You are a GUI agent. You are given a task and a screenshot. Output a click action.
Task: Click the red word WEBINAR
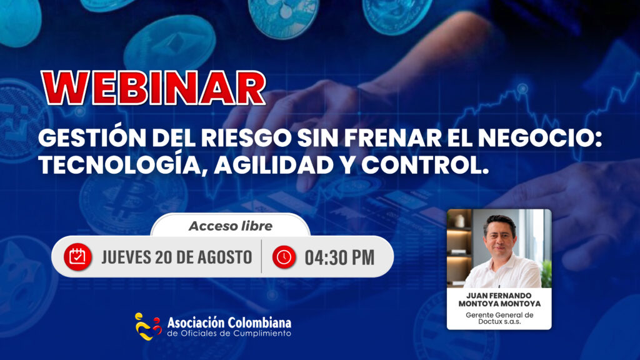(153, 88)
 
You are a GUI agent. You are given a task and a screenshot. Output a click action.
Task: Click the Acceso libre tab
(231, 226)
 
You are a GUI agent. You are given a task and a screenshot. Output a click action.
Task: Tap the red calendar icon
(77, 257)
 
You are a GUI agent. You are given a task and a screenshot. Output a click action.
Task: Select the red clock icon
(284, 257)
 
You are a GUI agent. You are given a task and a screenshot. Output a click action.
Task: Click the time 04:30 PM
(339, 257)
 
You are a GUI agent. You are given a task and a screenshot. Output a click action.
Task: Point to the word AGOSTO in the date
(225, 257)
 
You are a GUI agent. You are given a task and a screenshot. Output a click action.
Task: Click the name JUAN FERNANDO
(499, 296)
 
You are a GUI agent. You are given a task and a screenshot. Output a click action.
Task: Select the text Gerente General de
(499, 315)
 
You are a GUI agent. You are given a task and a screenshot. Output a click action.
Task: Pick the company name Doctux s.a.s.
(499, 322)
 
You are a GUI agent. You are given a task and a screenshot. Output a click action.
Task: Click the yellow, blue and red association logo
(147, 326)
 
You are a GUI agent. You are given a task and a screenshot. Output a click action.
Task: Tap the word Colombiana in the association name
(259, 323)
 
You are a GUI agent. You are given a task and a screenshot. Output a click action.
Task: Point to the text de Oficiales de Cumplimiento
(229, 334)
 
